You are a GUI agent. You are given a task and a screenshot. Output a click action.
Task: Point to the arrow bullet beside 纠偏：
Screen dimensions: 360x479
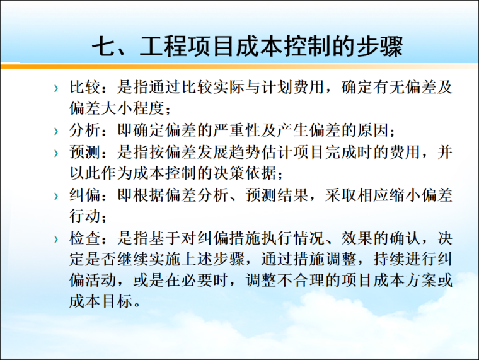coord(57,196)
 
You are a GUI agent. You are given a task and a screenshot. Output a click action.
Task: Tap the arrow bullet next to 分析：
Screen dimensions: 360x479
coord(57,132)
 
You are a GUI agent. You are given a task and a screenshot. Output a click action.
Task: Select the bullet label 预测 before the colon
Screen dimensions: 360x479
coord(85,153)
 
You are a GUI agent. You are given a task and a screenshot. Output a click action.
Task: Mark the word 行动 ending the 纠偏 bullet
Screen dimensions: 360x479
coord(85,216)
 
